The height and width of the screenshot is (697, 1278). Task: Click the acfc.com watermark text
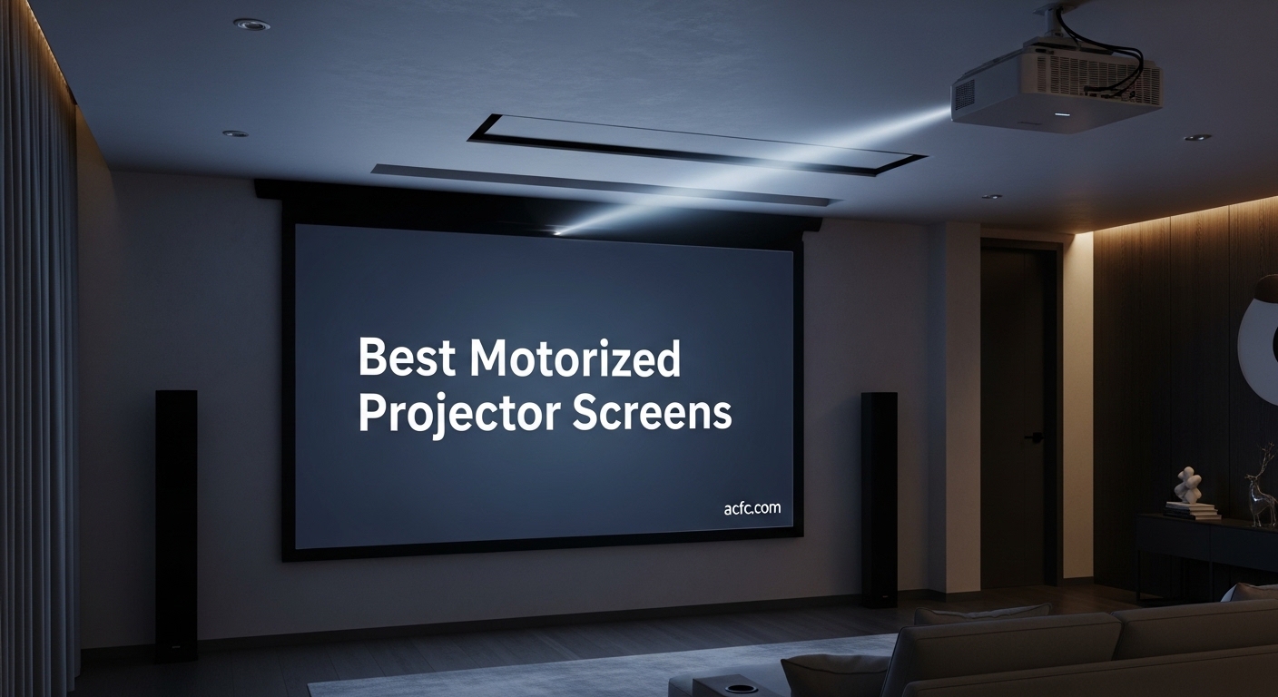pos(752,508)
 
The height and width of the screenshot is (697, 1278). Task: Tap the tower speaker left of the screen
pos(176,512)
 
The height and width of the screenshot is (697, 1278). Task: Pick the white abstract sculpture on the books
pos(1186,485)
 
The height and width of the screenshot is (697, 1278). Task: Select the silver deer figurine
pos(1260,496)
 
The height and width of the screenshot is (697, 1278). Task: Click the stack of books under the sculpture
pos(1192,511)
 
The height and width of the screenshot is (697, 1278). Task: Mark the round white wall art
pos(1260,337)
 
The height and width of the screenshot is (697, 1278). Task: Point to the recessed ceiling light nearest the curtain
pos(251,25)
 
